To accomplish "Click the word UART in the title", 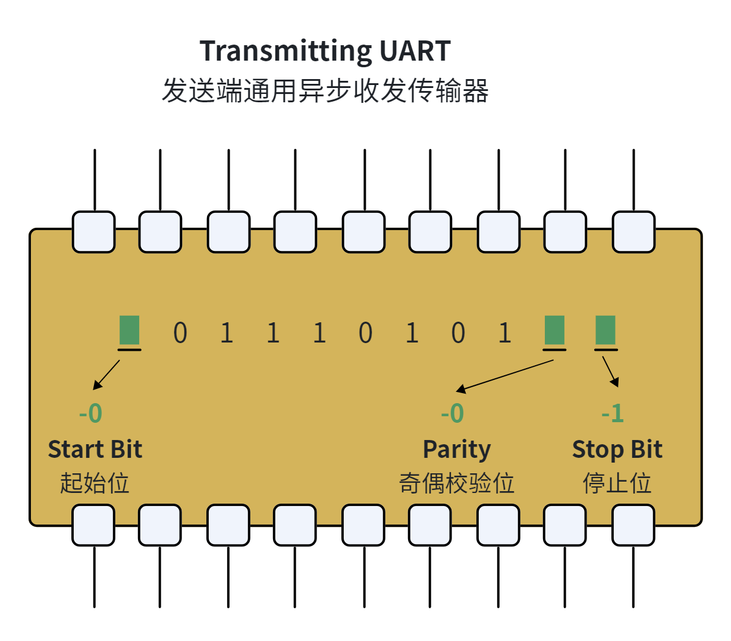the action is point(415,51).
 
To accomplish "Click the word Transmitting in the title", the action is point(286,52).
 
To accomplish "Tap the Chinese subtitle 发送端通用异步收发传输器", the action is point(325,90).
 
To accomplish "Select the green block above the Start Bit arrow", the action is point(129,329).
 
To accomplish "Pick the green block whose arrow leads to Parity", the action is point(554,329).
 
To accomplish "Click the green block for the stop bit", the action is point(605,329).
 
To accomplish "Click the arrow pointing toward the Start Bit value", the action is point(106,375).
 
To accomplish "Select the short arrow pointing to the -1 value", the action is point(610,372).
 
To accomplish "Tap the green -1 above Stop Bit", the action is point(612,413).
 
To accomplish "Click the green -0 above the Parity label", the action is point(452,413).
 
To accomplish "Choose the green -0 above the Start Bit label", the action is point(90,413).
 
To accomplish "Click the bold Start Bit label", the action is point(95,449).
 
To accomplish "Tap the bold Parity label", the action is point(457,450).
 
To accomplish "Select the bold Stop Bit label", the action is point(617,450).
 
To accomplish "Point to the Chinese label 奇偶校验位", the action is point(456,483).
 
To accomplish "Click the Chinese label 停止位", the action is point(617,483).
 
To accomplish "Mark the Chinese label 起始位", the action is point(95,483).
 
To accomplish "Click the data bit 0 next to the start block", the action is point(180,332).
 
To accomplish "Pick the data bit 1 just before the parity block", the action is point(504,332).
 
